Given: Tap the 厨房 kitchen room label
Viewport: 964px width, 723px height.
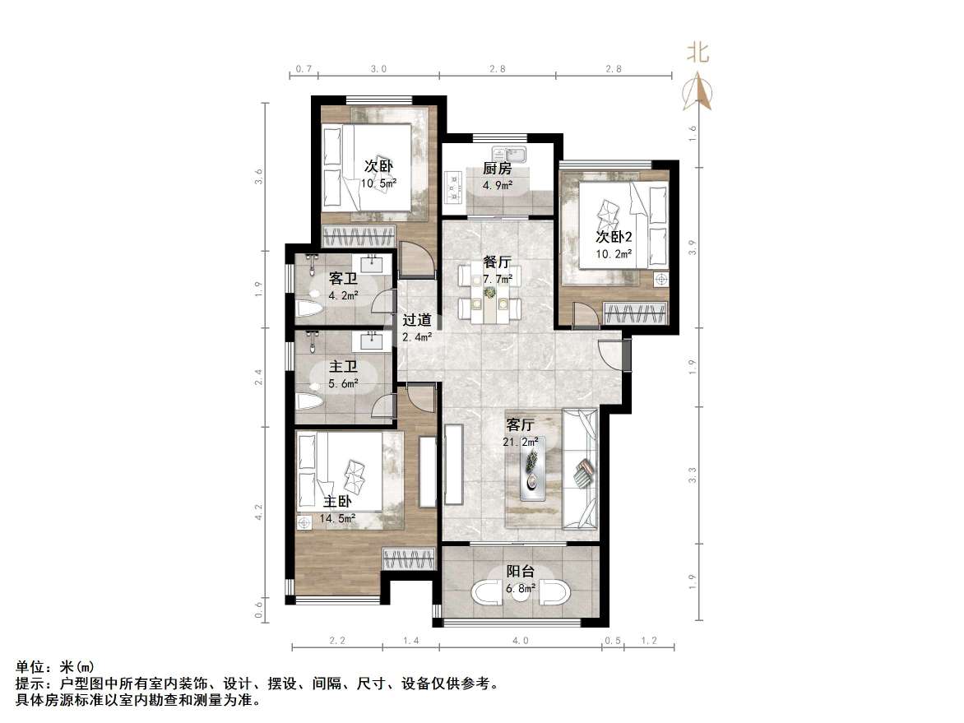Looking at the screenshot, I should point(497,169).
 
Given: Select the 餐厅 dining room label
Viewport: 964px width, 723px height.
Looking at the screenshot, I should point(497,262).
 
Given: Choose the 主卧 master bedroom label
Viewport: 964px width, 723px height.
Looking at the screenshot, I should point(337,502).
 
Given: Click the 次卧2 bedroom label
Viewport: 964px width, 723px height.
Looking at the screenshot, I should point(614,237).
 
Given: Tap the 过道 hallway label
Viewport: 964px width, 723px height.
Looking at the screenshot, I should point(417,321).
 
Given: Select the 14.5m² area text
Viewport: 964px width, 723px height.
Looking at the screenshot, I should point(338,518).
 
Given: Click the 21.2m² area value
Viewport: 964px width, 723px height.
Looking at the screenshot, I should point(521,442).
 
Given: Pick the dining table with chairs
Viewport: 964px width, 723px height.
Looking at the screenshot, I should point(490,298).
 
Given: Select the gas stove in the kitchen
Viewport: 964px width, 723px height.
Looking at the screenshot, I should point(452,187).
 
